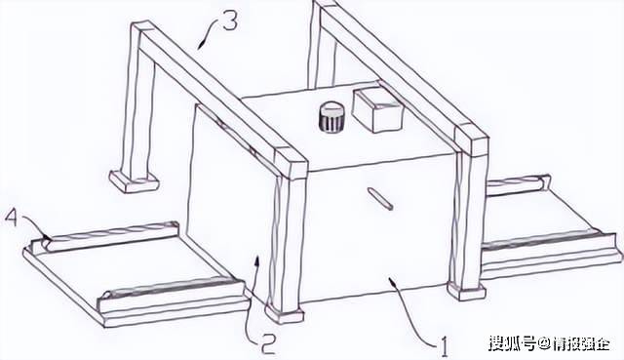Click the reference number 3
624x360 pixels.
230,20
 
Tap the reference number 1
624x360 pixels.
443,347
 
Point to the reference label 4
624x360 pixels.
12,220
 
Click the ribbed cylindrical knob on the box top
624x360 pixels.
332,117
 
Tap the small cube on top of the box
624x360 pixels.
377,109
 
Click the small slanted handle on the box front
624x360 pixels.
381,199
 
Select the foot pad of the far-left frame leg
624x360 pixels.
135,181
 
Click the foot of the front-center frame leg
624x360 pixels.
284,313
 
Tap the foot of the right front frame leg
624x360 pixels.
466,291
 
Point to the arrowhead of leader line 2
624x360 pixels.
257,262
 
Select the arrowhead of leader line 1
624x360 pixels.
393,283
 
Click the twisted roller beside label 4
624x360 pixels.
106,237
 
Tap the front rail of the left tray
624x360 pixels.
172,294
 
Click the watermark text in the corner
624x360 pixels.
549,342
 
